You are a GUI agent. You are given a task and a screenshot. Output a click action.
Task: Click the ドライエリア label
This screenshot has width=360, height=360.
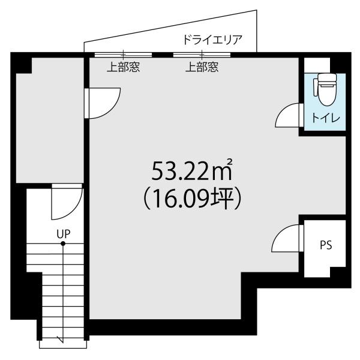tap(212, 41)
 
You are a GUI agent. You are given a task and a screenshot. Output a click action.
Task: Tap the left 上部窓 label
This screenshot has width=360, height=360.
tap(123, 67)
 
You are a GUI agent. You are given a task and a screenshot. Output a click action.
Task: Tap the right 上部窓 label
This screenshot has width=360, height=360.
tap(202, 67)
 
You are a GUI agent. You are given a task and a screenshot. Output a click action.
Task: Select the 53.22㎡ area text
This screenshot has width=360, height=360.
tap(191, 172)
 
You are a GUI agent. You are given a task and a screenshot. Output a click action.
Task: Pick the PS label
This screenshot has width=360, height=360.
tap(325, 245)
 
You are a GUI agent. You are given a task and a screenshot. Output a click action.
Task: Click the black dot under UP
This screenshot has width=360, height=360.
tap(62, 244)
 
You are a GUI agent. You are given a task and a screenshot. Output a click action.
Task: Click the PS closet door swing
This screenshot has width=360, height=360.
tap(286, 238)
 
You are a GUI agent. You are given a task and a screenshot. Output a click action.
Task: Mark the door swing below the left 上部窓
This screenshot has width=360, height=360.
tap(103, 101)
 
